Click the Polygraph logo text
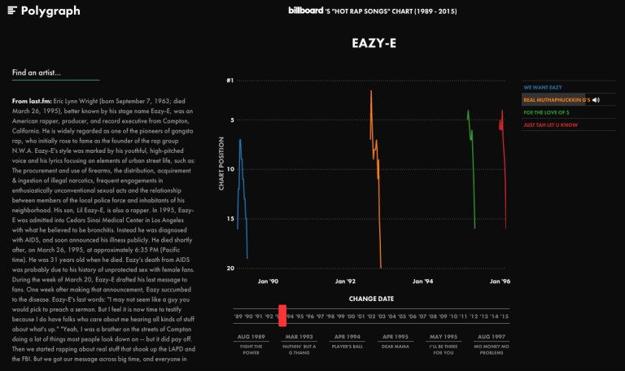click(x=50, y=11)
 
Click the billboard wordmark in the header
click(x=308, y=11)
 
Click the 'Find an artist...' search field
click(x=55, y=73)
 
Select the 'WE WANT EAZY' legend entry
click(x=542, y=87)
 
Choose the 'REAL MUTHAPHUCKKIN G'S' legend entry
click(x=556, y=100)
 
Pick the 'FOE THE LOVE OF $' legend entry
click(x=546, y=112)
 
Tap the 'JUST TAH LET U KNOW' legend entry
click(x=550, y=125)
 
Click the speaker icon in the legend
click(x=596, y=100)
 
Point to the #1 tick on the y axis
click(x=229, y=81)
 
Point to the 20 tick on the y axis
click(x=229, y=268)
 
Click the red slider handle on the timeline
click(x=282, y=315)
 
